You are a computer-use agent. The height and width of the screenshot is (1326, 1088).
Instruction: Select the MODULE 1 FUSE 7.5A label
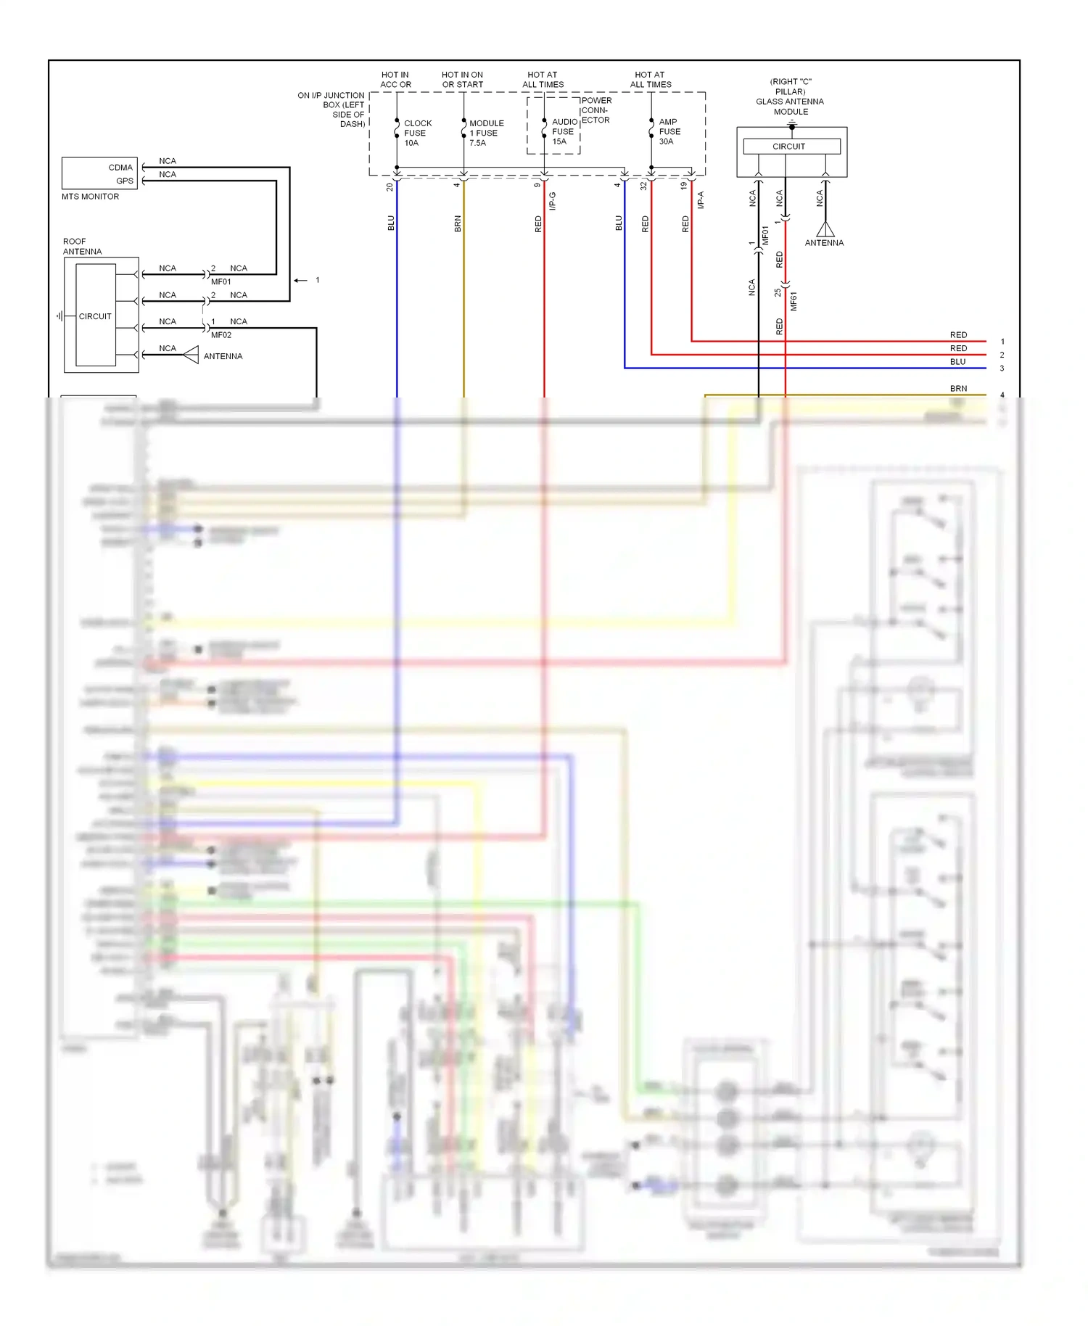(485, 133)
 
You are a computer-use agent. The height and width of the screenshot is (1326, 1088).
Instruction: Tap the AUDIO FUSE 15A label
(564, 131)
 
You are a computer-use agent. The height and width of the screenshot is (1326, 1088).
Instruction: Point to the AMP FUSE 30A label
(669, 131)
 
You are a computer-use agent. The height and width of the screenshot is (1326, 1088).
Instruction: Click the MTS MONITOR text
(90, 197)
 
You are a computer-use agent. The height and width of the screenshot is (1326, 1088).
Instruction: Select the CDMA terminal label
(120, 168)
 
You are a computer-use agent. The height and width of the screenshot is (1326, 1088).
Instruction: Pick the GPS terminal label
(125, 181)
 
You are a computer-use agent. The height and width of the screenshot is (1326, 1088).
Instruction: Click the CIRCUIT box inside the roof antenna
(95, 316)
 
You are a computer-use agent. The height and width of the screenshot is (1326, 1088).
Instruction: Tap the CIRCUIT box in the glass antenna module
(788, 147)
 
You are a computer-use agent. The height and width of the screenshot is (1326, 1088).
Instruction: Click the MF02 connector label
(221, 335)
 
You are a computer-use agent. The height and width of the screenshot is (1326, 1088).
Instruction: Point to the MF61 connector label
(794, 301)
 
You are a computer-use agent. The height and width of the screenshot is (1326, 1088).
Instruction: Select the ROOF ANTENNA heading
(81, 247)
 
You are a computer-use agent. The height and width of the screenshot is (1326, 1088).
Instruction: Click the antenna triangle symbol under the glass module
(825, 229)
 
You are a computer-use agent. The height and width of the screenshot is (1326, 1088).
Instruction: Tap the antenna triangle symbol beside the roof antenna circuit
(191, 355)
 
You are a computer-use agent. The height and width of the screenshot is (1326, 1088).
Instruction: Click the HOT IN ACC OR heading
(395, 80)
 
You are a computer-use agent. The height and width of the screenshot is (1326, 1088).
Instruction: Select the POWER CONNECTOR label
(595, 110)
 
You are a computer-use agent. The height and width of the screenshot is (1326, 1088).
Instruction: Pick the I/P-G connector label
(553, 201)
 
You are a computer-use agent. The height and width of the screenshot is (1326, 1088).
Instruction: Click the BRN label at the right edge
(958, 389)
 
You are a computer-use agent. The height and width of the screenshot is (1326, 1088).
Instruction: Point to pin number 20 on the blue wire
(390, 186)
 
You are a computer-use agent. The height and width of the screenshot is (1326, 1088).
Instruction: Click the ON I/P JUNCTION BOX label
(331, 110)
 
